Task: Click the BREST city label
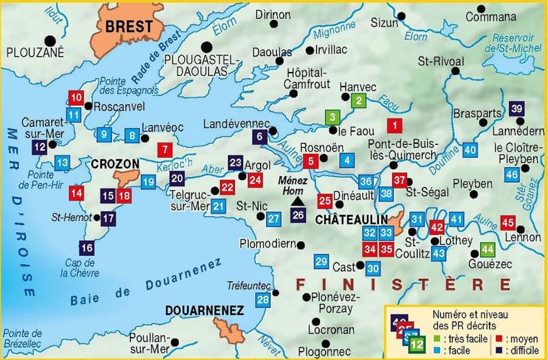point(129,26)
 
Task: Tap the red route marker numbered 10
point(76,98)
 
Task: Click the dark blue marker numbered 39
point(517,110)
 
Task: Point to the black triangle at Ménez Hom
point(298,201)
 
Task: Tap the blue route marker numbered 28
point(263,300)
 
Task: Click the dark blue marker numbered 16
point(87,247)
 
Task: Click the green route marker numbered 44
point(487,249)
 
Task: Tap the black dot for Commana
point(481,9)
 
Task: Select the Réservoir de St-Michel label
point(512,43)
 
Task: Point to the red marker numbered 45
point(508,222)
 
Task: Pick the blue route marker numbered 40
point(469,150)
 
